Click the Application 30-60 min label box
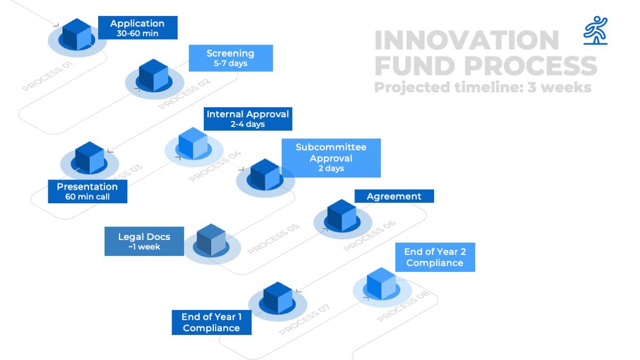click(138, 28)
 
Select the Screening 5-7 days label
click(231, 58)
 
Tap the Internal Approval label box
click(248, 118)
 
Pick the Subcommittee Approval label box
click(331, 158)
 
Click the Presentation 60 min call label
click(88, 191)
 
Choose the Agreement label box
click(394, 196)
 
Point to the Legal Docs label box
click(144, 241)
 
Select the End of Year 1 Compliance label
click(212, 322)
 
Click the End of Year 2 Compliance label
click(435, 257)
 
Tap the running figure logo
click(595, 31)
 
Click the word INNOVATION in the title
click(466, 40)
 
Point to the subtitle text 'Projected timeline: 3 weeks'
click(483, 87)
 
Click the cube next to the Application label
click(77, 35)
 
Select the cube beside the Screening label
click(153, 75)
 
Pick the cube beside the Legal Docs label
click(211, 239)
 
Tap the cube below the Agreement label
click(342, 216)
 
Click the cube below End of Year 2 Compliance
click(381, 284)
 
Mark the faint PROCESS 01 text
click(48, 76)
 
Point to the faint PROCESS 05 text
click(273, 239)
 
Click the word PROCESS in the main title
click(531, 66)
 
